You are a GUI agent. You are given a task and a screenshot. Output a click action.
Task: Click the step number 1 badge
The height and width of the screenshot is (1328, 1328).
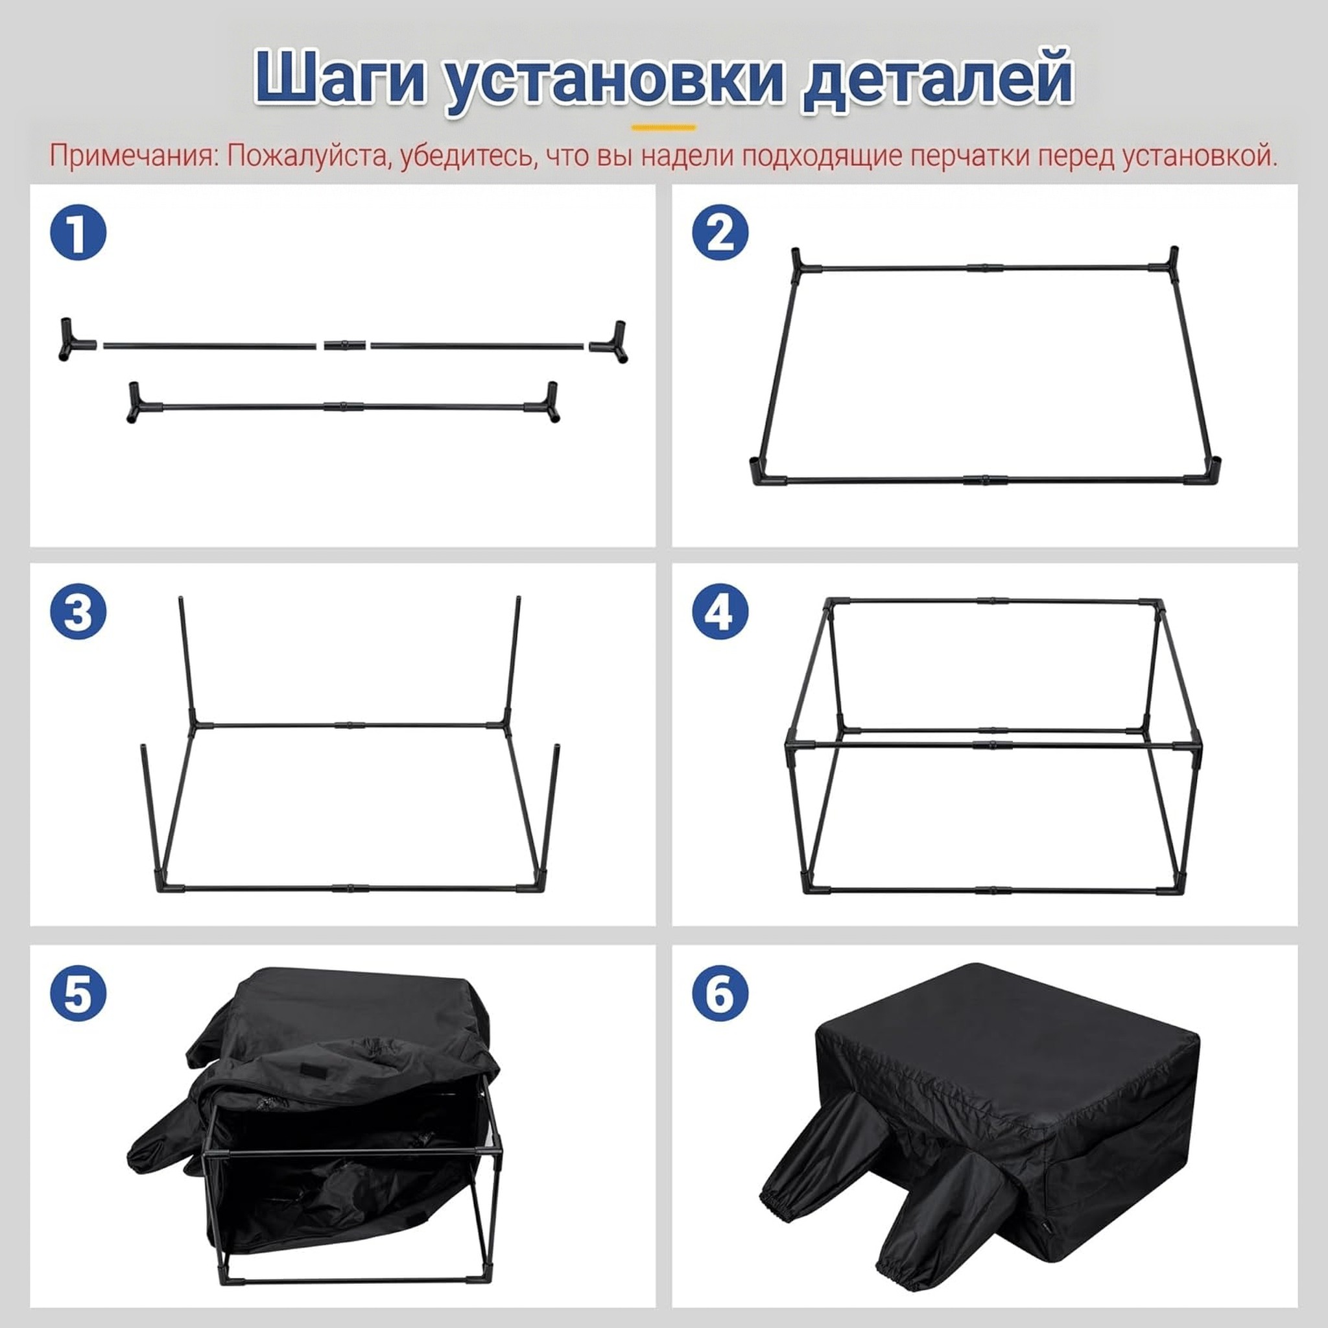click(78, 233)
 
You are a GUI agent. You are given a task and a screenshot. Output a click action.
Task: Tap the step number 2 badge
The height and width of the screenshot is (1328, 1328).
click(720, 233)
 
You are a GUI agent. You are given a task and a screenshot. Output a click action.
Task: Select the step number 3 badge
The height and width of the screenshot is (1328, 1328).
click(78, 612)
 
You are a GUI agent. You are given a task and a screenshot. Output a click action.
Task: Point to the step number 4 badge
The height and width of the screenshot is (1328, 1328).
click(720, 612)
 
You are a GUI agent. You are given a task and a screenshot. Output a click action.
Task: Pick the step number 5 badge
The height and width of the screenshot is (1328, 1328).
click(78, 994)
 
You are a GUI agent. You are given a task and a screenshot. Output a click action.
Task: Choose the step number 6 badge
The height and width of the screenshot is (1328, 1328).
click(720, 994)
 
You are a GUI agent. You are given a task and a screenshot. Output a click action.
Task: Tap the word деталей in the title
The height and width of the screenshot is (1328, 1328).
click(938, 78)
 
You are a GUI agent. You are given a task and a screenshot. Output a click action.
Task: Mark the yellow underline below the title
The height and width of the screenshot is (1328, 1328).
click(663, 127)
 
